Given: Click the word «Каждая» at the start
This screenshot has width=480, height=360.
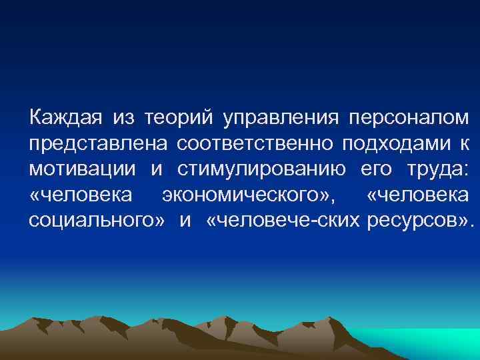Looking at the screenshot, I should click(x=65, y=119).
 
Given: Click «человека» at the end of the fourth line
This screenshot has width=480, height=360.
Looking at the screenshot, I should click(x=419, y=195).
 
